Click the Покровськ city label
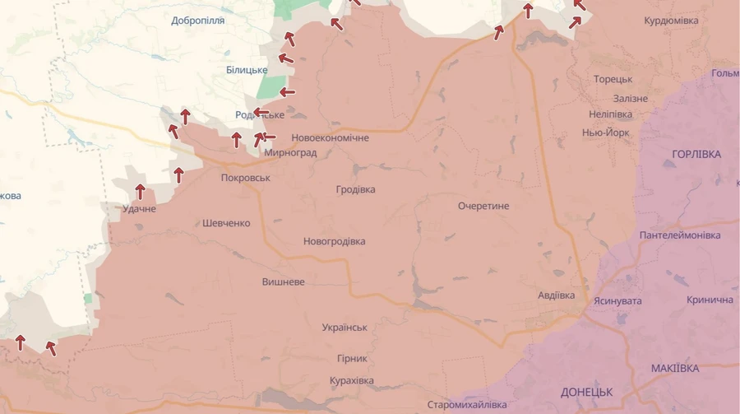[245, 178]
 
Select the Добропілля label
[197, 21]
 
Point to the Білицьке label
[247, 70]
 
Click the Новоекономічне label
[330, 138]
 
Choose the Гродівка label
[355, 189]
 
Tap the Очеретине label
[483, 206]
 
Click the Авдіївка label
[557, 295]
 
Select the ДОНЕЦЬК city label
[587, 392]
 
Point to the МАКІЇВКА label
[674, 368]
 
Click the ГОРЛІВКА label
[696, 155]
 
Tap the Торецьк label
[613, 79]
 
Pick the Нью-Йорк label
[605, 133]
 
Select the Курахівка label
[351, 380]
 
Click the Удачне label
[139, 209]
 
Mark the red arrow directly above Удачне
[140, 192]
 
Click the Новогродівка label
[334, 241]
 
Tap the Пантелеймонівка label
[680, 235]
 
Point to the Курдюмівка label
[671, 21]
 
